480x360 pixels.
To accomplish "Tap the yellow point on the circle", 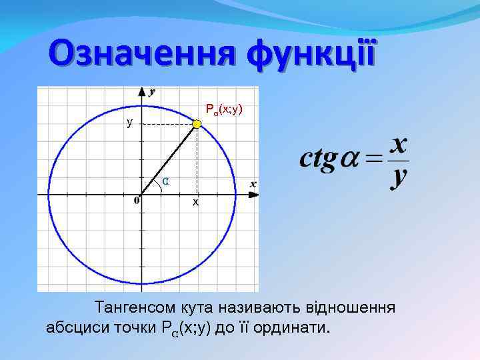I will pos(197,124).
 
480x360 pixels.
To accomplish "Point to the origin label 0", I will pos(136,200).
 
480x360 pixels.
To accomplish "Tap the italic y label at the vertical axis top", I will pos(153,91).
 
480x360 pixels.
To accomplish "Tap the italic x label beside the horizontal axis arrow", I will pos(253,183).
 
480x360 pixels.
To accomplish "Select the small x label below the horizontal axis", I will pos(195,201).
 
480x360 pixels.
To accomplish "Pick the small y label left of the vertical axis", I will pos(130,123).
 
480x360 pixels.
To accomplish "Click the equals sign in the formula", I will pos(375,161).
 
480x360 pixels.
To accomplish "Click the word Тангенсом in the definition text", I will pos(135,309).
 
